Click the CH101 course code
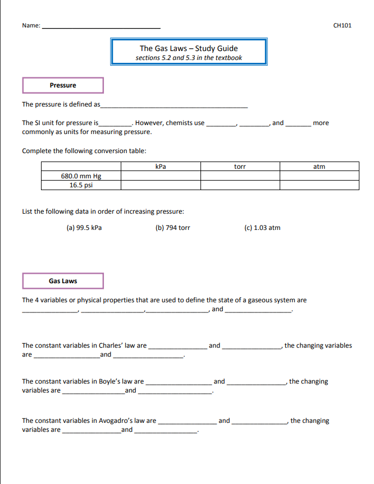pos(342,25)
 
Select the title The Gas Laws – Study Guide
pos(189,48)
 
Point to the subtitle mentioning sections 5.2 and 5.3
pos(189,58)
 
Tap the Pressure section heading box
pos(63,85)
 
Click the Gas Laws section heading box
pos(63,281)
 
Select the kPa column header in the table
pos(161,167)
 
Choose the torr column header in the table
pos(240,167)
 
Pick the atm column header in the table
pos(319,167)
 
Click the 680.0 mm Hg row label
pos(81,176)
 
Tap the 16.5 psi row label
pos(81,185)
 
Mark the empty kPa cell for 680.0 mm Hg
pos(161,176)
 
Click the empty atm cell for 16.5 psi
pos(319,185)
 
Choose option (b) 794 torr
pos(172,228)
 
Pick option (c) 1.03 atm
pos(262,228)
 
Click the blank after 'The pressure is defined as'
pos(174,105)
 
